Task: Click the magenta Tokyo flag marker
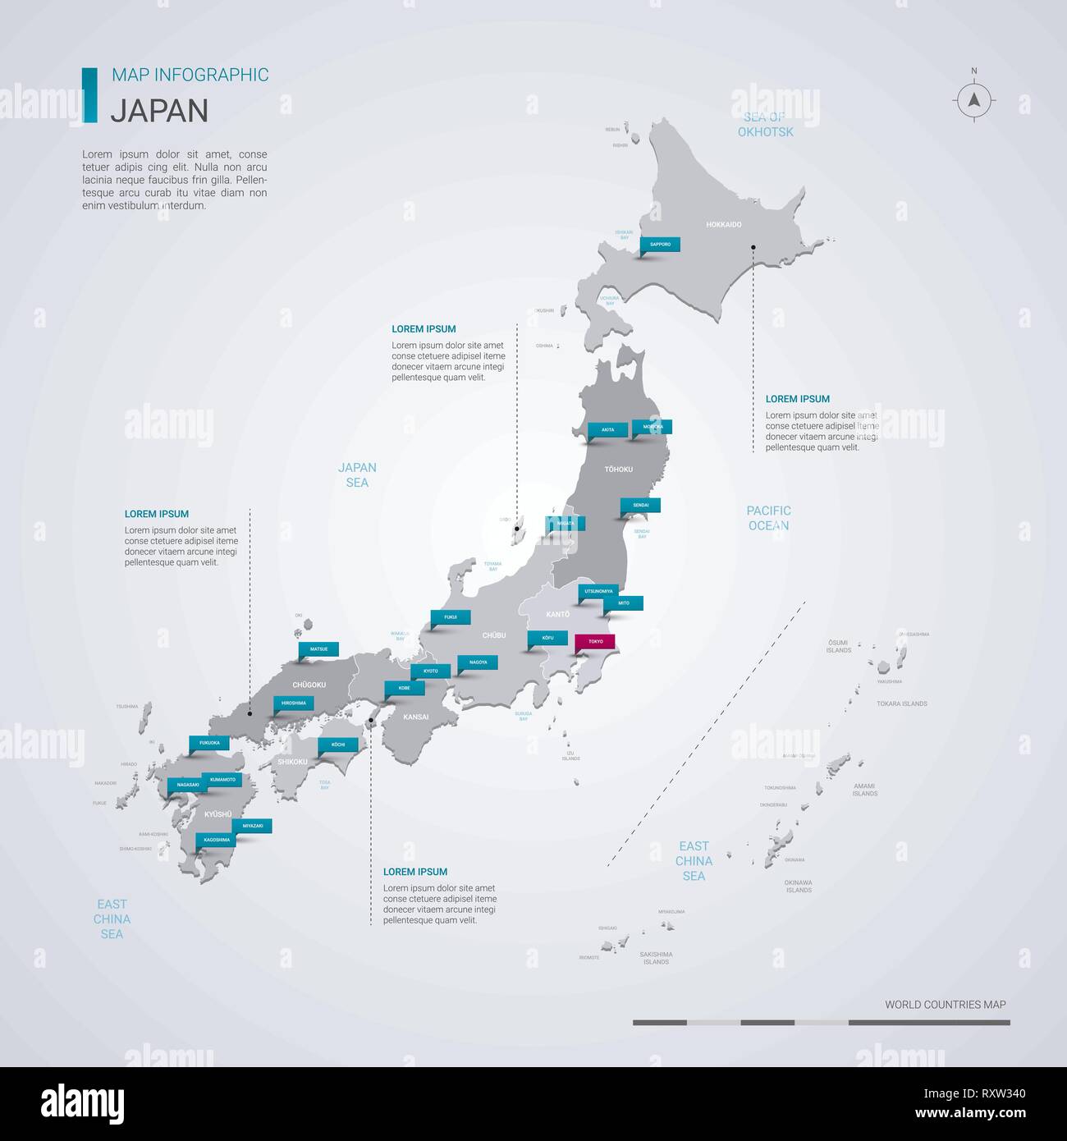pyautogui.click(x=595, y=641)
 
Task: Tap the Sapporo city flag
pyautogui.click(x=660, y=244)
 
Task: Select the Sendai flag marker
pyautogui.click(x=640, y=505)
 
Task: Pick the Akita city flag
pyautogui.click(x=607, y=429)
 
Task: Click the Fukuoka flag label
pyautogui.click(x=209, y=743)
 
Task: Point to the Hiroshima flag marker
pyautogui.click(x=294, y=703)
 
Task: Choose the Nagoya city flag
pyautogui.click(x=478, y=662)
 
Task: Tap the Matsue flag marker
pyautogui.click(x=318, y=649)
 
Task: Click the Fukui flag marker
pyautogui.click(x=451, y=616)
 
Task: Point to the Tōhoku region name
pyautogui.click(x=618, y=470)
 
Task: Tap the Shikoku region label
pyautogui.click(x=292, y=762)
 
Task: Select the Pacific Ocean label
pyautogui.click(x=768, y=518)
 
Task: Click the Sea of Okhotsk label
pyautogui.click(x=765, y=124)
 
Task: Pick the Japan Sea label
pyautogui.click(x=357, y=474)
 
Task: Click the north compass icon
pyautogui.click(x=974, y=100)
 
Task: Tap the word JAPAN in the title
pyautogui.click(x=159, y=110)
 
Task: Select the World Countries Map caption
pyautogui.click(x=945, y=1004)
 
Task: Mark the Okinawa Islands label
pyautogui.click(x=798, y=886)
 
